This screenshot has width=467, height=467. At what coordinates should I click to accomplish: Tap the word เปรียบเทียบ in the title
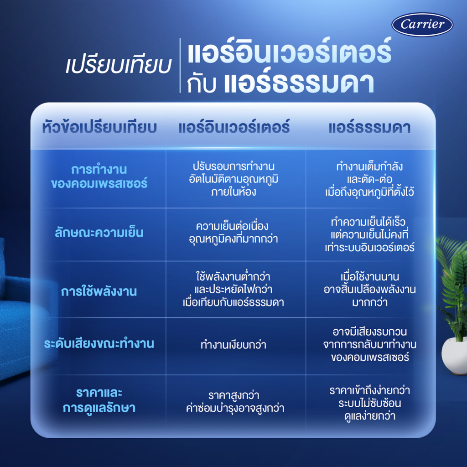point(118,66)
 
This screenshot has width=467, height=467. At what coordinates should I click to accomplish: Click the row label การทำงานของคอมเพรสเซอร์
point(99,176)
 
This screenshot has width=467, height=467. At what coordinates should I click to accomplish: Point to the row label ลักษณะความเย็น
point(99,233)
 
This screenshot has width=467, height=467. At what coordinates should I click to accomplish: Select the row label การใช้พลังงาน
point(99,291)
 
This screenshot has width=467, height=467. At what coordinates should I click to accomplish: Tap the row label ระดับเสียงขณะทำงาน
point(99,344)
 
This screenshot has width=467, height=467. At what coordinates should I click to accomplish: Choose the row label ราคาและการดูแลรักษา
point(99,400)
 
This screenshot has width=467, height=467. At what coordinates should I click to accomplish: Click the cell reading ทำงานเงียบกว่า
point(233,345)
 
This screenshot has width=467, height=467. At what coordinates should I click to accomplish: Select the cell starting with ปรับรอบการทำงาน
point(236,178)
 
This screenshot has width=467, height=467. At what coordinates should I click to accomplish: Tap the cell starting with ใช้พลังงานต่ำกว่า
point(236,289)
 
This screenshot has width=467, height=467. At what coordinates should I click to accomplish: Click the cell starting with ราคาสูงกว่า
point(236,401)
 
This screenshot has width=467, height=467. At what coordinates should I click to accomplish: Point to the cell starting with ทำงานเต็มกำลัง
point(370,178)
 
